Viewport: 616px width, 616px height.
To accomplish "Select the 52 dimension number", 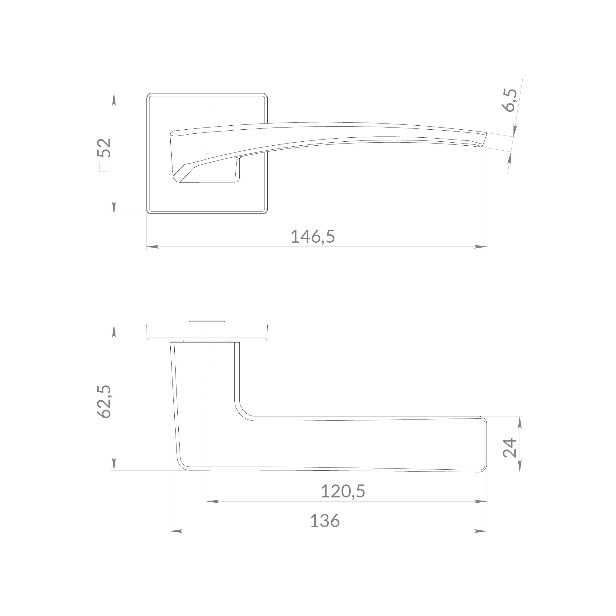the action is coord(104,148).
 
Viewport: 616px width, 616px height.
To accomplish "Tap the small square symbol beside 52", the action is coord(104,167).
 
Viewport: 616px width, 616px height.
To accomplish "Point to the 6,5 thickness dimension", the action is coord(509,100).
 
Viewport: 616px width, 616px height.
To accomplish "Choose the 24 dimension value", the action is coord(509,448).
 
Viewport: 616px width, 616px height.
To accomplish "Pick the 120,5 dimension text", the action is coord(343,491).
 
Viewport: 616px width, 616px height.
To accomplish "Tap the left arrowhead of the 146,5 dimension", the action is coord(153,247).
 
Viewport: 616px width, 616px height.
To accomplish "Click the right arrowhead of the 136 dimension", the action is coord(480,531).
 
